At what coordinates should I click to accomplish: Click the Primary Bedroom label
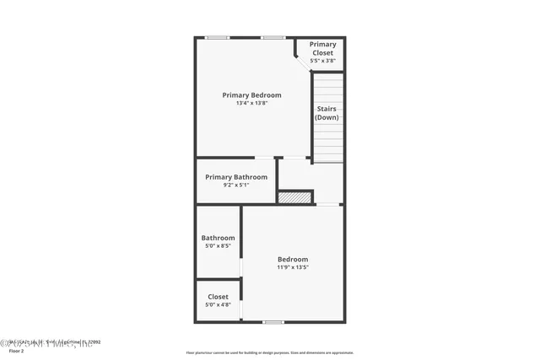coord(251,95)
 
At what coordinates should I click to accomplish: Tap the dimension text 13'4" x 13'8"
coord(251,104)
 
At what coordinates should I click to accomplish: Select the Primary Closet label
coord(322,48)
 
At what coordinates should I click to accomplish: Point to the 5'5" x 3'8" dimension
coord(322,61)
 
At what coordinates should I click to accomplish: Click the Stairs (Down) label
coord(327,113)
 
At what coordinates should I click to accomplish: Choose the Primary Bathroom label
coord(236,177)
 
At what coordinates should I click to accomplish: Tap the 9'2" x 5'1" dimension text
coord(236,185)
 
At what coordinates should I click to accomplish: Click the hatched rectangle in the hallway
coord(294,197)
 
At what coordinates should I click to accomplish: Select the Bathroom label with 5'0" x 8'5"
coord(218,238)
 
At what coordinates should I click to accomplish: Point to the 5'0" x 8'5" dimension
coord(218,246)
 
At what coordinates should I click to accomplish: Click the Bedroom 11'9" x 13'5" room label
coord(293,259)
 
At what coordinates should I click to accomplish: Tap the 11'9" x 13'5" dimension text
coord(293,267)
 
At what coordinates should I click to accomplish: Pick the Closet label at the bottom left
coord(218,297)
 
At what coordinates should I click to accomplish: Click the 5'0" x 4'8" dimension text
coord(218,305)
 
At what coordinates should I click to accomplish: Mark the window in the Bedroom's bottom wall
coord(273,322)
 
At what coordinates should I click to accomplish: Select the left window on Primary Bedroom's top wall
coord(218,37)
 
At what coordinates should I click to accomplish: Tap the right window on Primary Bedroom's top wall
coord(272,37)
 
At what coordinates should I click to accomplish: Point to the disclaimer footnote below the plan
coord(269,353)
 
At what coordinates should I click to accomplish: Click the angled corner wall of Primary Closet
coord(300,56)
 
